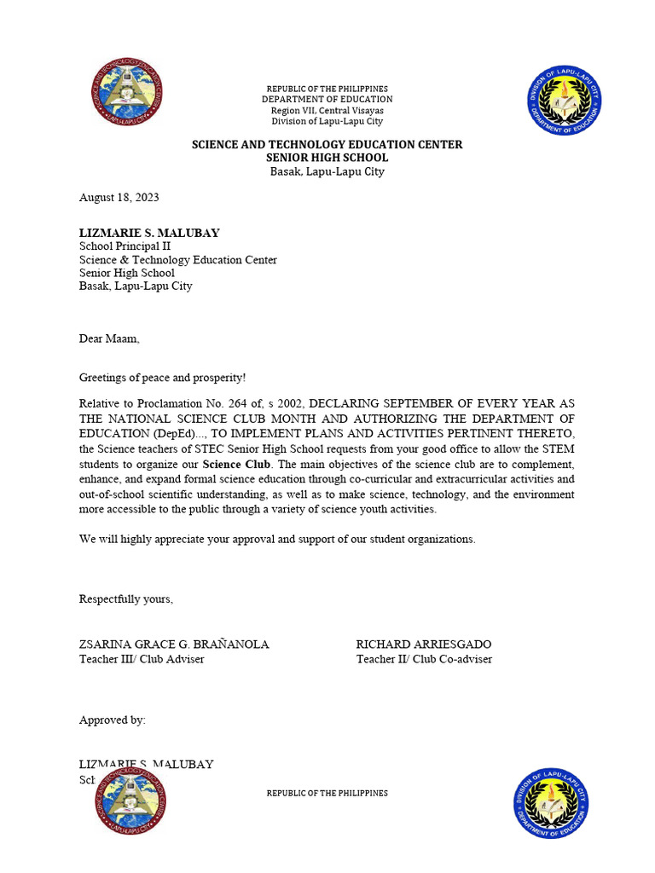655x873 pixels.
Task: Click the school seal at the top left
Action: pyautogui.click(x=127, y=94)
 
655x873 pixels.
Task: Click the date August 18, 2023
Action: pyautogui.click(x=119, y=198)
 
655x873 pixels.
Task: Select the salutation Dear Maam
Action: pyautogui.click(x=108, y=338)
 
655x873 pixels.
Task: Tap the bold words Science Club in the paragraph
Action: pyautogui.click(x=236, y=465)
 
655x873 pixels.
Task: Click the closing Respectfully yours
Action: pyautogui.click(x=126, y=598)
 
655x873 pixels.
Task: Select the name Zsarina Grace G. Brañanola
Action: pyautogui.click(x=174, y=645)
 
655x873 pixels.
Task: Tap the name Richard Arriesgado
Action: pyautogui.click(x=423, y=645)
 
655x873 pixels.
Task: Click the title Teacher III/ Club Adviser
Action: pyautogui.click(x=142, y=659)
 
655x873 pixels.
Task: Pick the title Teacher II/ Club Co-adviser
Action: pyautogui.click(x=424, y=659)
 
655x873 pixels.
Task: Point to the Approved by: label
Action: pyautogui.click(x=113, y=720)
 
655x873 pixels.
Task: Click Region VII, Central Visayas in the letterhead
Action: pyautogui.click(x=327, y=111)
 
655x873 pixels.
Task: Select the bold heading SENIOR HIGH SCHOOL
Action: pyautogui.click(x=327, y=158)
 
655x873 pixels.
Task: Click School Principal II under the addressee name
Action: pyautogui.click(x=125, y=246)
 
